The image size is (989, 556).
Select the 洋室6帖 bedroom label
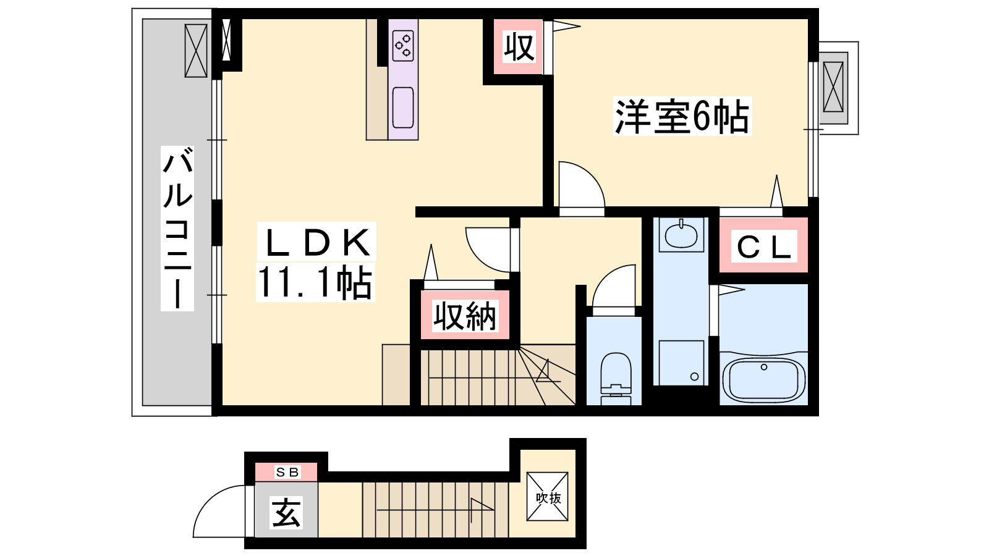pos(682,116)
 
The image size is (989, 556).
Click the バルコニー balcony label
pos(177,228)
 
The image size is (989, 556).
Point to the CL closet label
pos(764,247)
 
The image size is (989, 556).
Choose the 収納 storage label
pos(464,316)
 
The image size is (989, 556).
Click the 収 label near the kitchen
pos(519,46)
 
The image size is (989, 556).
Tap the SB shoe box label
pos(287,472)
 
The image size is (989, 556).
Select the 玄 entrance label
pos(287,512)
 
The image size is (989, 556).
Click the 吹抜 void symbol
pos(548,497)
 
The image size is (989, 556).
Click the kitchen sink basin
pos(403,107)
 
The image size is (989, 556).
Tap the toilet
pos(616,377)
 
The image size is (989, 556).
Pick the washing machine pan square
pos(681,363)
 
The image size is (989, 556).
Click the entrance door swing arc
pos(208,499)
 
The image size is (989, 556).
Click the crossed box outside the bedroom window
pos(833,87)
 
